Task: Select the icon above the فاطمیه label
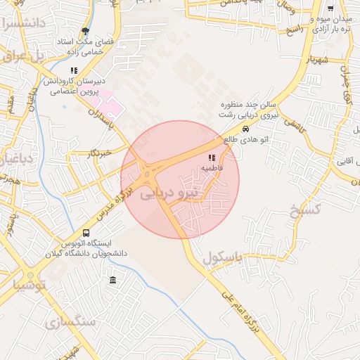point(212,157)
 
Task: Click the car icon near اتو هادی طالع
point(245,129)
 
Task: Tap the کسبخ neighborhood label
point(305,209)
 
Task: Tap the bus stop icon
point(86,233)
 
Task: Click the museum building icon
point(112,281)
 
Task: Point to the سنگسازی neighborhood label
point(70,322)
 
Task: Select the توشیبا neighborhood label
point(27,285)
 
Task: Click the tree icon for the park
point(86,31)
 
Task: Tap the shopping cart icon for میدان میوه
point(340,8)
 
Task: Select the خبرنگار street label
point(101,153)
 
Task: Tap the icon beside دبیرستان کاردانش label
point(73,70)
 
